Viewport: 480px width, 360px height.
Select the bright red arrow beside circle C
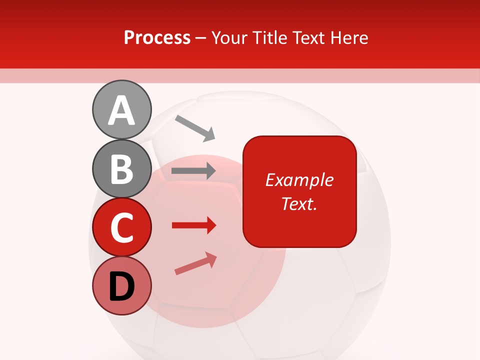193,225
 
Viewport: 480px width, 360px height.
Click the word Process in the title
157,38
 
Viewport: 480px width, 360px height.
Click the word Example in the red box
299,180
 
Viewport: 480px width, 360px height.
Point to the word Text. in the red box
299,203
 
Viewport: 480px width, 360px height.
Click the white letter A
121,110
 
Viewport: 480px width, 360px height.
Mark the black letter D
121,286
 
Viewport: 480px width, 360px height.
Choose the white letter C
122,227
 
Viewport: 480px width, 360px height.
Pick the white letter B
122,169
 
